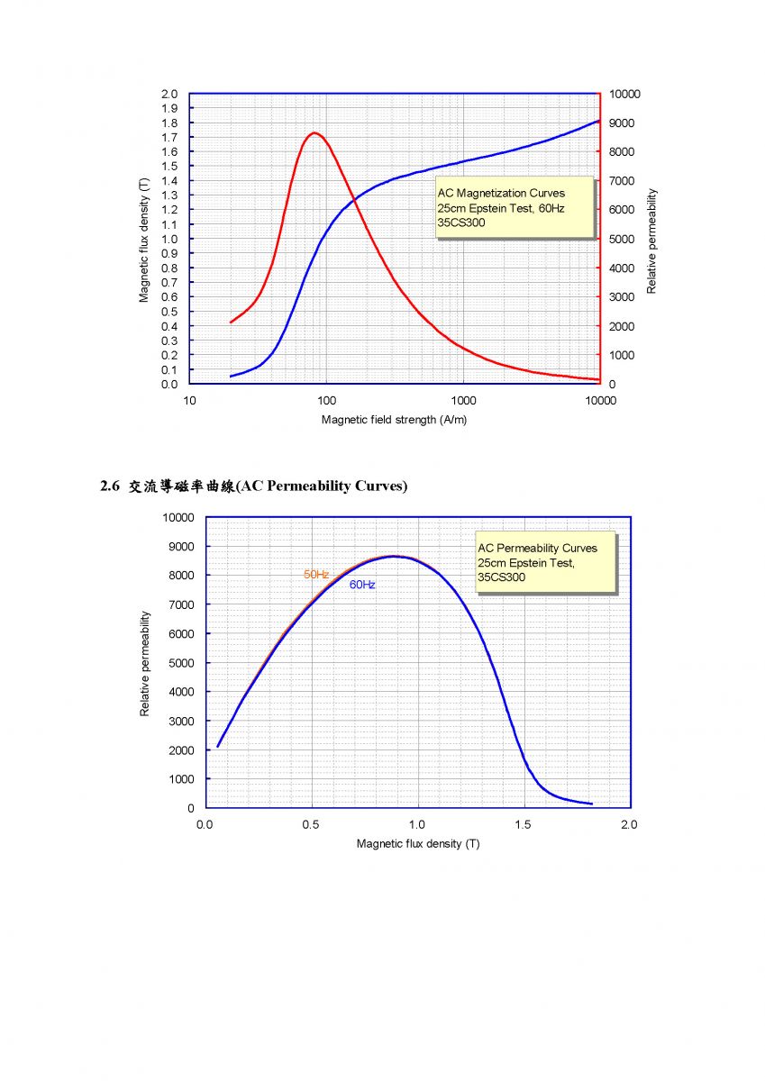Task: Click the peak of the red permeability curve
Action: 314,132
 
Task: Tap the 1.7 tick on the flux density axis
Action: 169,138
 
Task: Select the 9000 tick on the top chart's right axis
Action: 622,123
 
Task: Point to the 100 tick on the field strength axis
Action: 326,401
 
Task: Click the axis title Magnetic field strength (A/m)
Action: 394,420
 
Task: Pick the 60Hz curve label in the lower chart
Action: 362,585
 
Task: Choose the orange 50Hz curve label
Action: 316,575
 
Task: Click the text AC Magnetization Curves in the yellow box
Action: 501,193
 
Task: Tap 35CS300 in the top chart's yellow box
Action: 461,223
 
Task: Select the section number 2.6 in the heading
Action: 110,486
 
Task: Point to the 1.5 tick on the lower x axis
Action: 523,824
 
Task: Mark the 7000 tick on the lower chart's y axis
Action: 181,604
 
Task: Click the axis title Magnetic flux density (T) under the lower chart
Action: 418,843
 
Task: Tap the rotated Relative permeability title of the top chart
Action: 651,241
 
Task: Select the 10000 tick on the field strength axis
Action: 600,401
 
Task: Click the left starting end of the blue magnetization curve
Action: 231,377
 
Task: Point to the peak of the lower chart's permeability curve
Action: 394,557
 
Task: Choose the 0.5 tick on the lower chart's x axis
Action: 311,824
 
